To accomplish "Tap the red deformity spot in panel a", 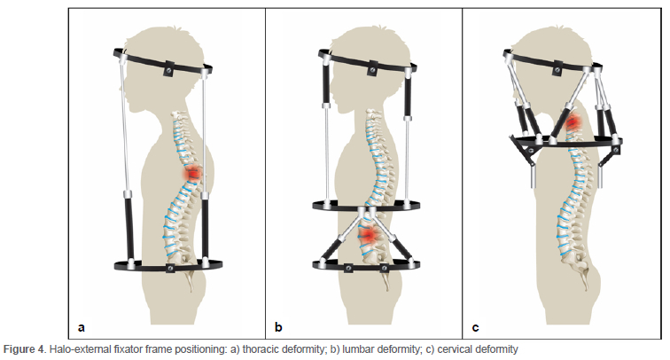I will [x=191, y=174].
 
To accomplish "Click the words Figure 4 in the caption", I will [x=24, y=349].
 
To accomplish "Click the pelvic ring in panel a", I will [x=168, y=264].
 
